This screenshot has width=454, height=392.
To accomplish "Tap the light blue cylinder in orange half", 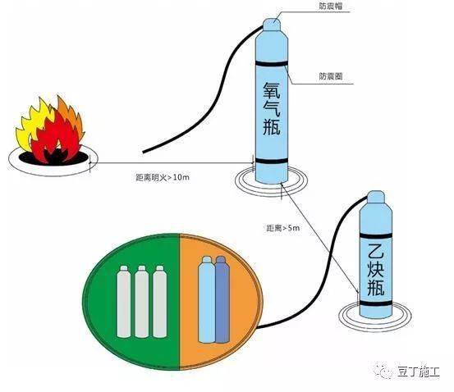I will pyautogui.click(x=207, y=301).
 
